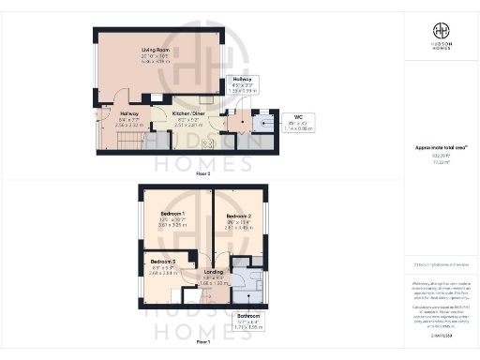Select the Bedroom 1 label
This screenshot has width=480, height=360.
click(x=171, y=215)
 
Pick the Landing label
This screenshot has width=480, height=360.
click(x=214, y=272)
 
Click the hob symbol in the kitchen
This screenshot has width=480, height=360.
click(x=208, y=143)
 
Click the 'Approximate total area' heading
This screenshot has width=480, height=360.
click(x=440, y=148)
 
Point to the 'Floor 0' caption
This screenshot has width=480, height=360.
click(x=203, y=172)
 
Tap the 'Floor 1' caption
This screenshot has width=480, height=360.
click(x=202, y=343)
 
